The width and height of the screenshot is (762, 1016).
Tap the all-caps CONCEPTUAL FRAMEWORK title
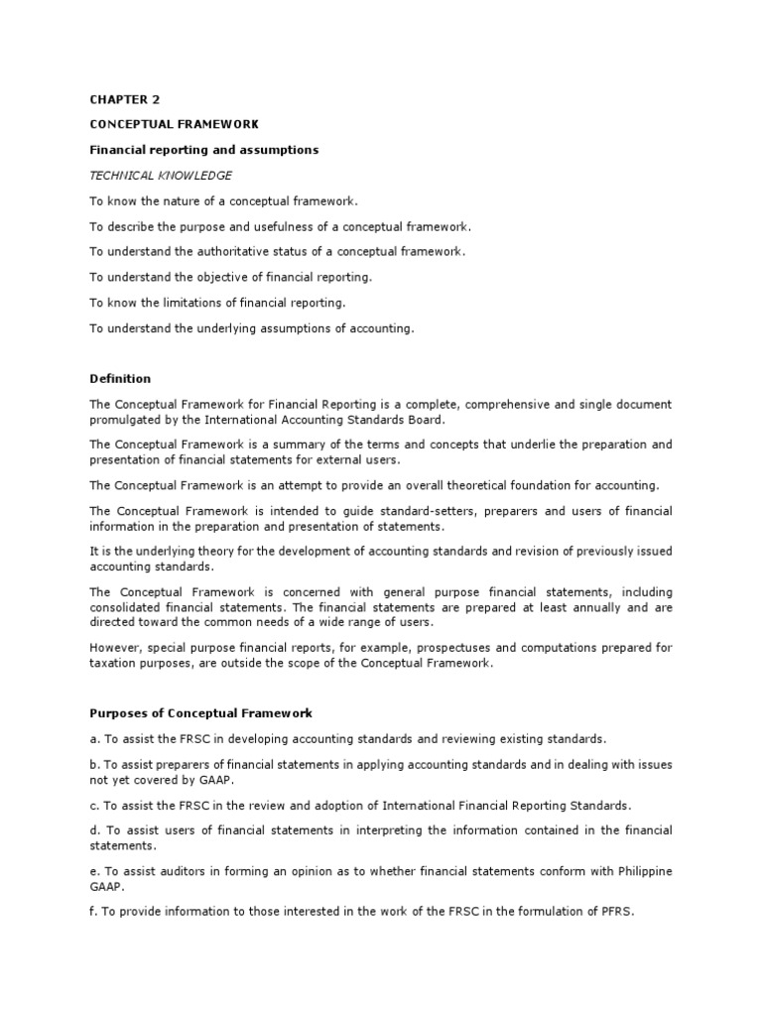point(174,124)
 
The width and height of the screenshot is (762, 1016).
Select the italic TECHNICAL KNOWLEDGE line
point(160,176)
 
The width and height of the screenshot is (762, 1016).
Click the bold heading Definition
point(120,378)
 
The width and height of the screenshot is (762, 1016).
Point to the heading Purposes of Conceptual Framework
point(201,713)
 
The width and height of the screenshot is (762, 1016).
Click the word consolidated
point(127,606)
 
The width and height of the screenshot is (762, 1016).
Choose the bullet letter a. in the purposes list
point(94,739)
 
